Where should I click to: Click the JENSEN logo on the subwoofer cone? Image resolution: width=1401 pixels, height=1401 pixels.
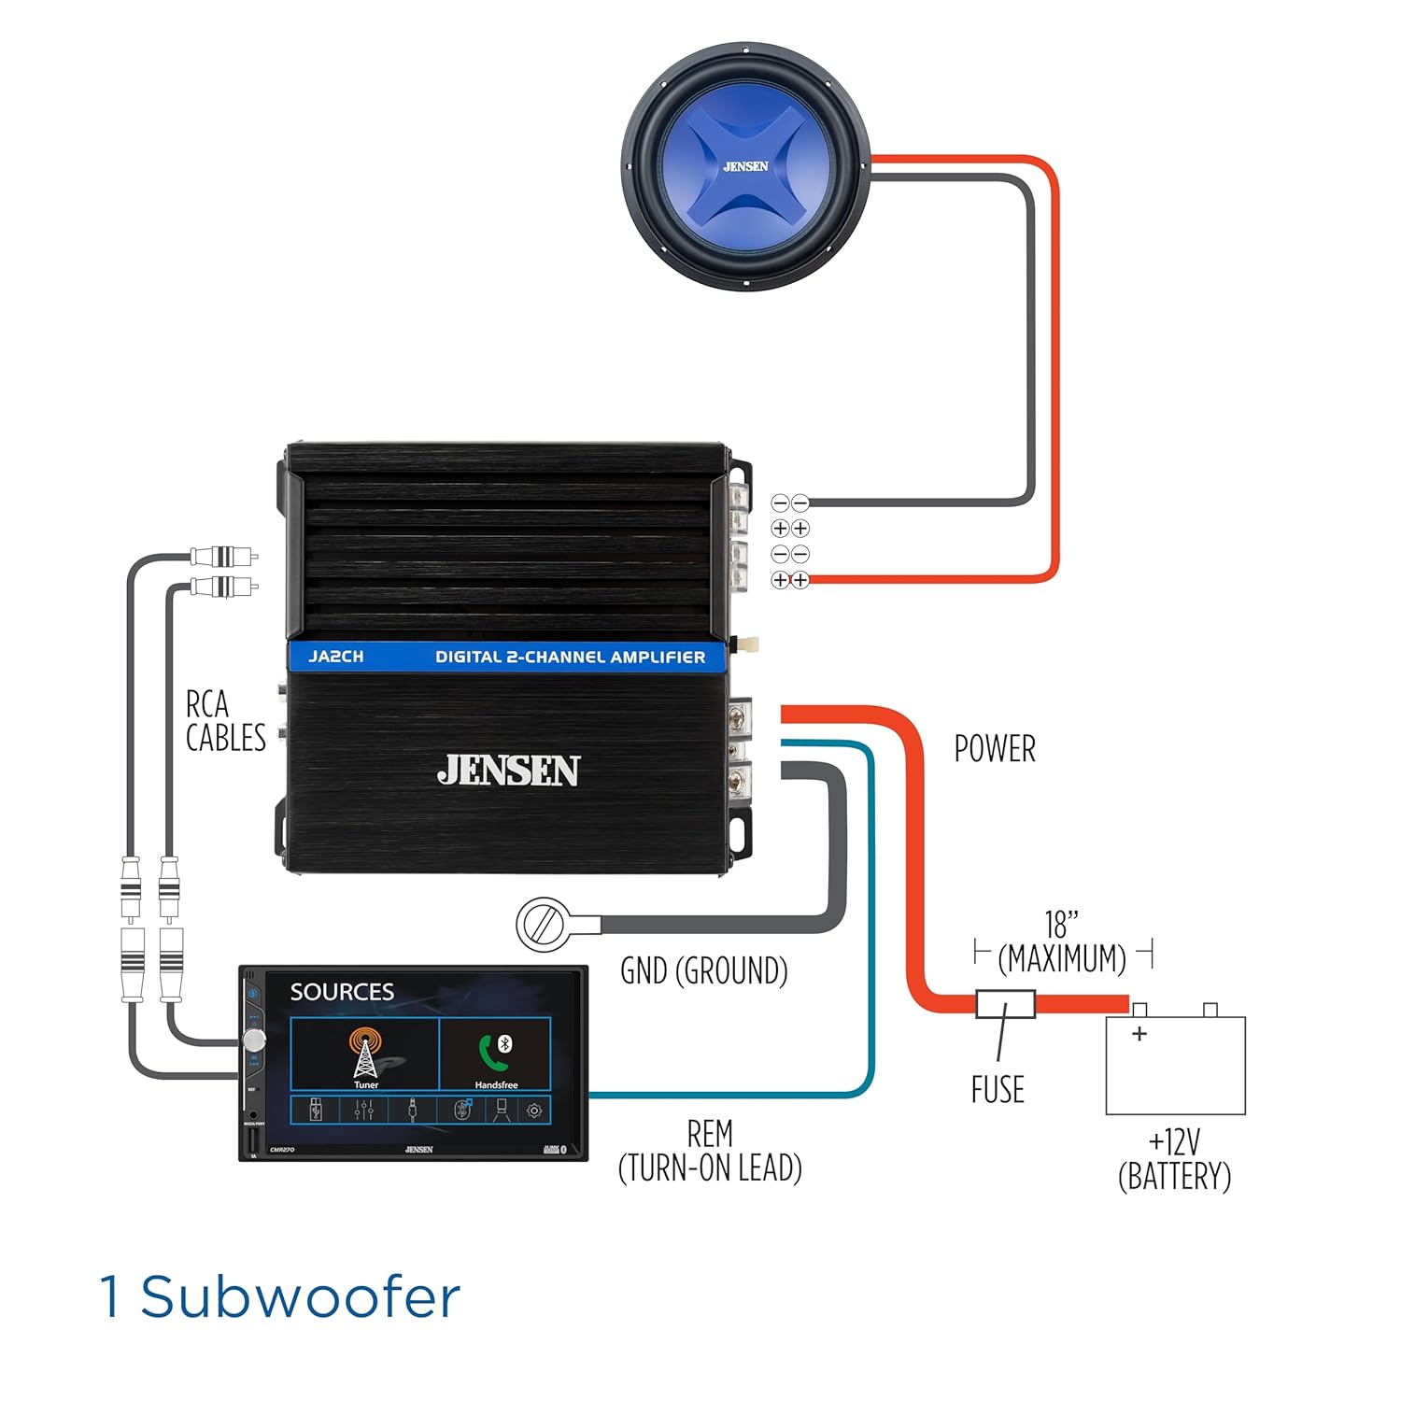(745, 166)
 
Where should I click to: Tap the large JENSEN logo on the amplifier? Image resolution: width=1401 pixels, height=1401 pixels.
(508, 771)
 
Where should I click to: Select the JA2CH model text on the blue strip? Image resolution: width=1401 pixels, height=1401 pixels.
(336, 657)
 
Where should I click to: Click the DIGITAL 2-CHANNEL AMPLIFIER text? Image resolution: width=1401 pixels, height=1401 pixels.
(570, 657)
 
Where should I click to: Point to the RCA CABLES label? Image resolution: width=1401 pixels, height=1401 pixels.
(225, 721)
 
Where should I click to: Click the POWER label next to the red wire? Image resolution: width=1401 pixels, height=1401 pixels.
(995, 749)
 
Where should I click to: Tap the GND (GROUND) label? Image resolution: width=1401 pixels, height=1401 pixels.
(704, 971)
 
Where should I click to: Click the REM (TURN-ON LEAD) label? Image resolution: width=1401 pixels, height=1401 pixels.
(710, 1151)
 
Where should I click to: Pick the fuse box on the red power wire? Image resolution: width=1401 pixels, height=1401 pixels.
(1005, 1004)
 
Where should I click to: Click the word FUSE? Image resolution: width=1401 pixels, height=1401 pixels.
(998, 1090)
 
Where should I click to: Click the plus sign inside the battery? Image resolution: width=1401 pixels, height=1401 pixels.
(1139, 1034)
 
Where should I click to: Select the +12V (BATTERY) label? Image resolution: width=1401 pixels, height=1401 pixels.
(1174, 1159)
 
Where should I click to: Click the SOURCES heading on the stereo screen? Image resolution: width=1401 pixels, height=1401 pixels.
(342, 992)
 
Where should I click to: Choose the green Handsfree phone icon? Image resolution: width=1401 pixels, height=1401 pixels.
(495, 1051)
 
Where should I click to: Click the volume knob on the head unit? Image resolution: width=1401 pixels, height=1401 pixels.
(254, 1040)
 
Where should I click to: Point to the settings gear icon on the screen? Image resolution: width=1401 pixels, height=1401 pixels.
(534, 1111)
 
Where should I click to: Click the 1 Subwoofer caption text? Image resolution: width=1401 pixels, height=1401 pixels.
(280, 1297)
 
